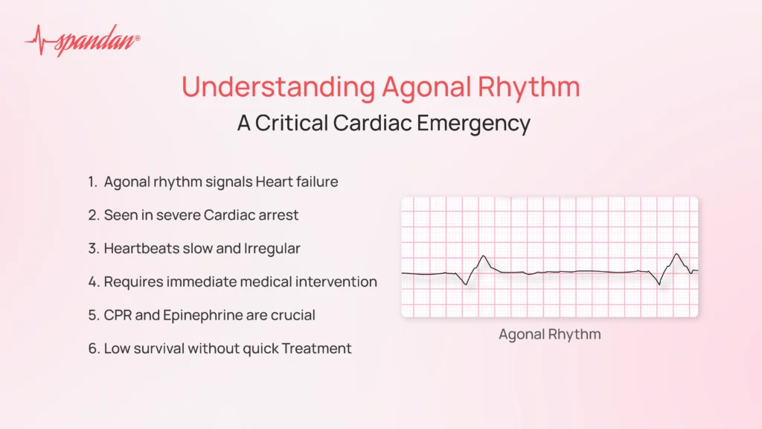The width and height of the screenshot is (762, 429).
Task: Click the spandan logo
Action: [x=82, y=40]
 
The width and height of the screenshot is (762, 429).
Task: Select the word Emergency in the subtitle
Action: [x=473, y=124]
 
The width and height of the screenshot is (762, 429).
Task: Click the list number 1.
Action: [x=92, y=182]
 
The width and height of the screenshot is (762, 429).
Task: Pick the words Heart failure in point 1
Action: [x=297, y=182]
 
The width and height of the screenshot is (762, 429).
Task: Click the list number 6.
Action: [x=93, y=349]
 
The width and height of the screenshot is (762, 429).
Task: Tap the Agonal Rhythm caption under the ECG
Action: [x=550, y=334]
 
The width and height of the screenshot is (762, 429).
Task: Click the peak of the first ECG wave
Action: [x=484, y=256]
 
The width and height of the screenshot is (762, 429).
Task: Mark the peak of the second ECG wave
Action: [x=677, y=254]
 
